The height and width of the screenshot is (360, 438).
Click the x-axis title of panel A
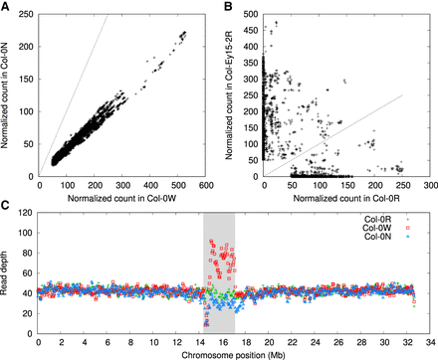click(122, 196)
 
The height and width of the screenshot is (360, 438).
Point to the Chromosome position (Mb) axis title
click(232, 352)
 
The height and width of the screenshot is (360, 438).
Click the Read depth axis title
click(8, 269)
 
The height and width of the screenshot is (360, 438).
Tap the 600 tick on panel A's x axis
click(205, 185)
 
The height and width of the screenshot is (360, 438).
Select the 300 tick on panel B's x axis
click(428, 185)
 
